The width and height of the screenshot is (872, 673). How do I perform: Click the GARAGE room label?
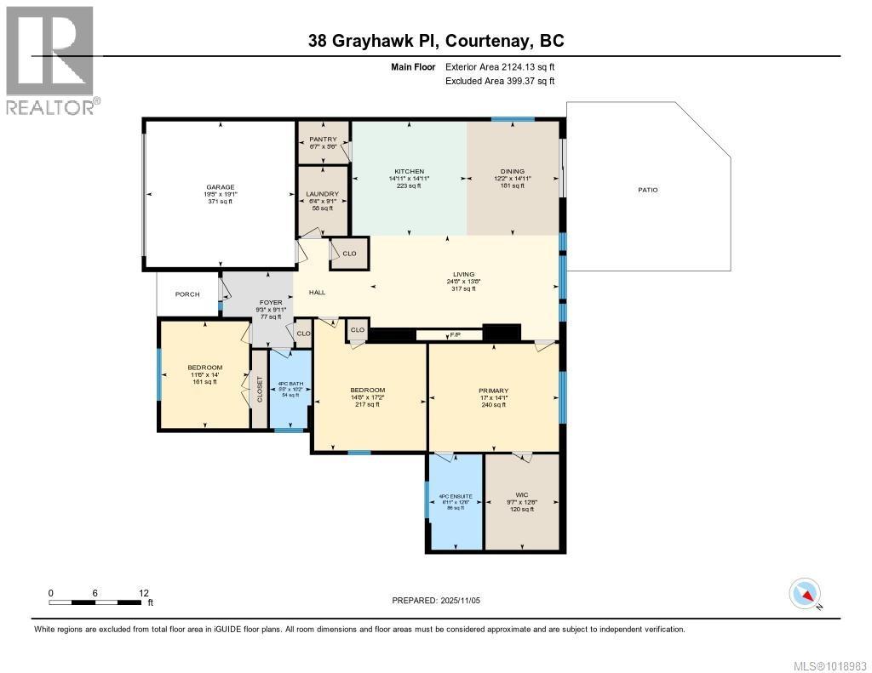pyautogui.click(x=219, y=187)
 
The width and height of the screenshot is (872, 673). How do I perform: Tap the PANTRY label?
pyautogui.click(x=323, y=139)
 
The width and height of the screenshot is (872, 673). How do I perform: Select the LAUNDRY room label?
pyautogui.click(x=322, y=194)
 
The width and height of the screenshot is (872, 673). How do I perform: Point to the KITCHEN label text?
pyautogui.click(x=409, y=171)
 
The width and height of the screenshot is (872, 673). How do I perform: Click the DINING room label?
pyautogui.click(x=513, y=171)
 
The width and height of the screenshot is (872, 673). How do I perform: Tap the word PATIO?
pyautogui.click(x=648, y=190)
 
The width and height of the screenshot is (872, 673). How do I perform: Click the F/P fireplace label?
pyautogui.click(x=456, y=335)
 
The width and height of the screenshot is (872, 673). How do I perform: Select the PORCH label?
pyautogui.click(x=187, y=294)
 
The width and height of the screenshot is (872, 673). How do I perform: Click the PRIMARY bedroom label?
pyautogui.click(x=493, y=391)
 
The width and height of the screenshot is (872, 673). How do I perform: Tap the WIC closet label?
pyautogui.click(x=522, y=493)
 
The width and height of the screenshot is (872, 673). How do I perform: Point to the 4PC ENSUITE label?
pyautogui.click(x=456, y=496)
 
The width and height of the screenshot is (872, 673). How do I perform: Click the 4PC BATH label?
pyautogui.click(x=290, y=382)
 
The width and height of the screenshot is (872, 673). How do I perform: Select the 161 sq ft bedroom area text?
pyautogui.click(x=204, y=382)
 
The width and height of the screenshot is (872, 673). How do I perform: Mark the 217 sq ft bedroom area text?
pyautogui.click(x=367, y=404)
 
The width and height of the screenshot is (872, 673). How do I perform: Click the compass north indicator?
pyautogui.click(x=806, y=593)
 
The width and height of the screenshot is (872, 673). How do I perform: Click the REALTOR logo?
pyautogui.click(x=50, y=60)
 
